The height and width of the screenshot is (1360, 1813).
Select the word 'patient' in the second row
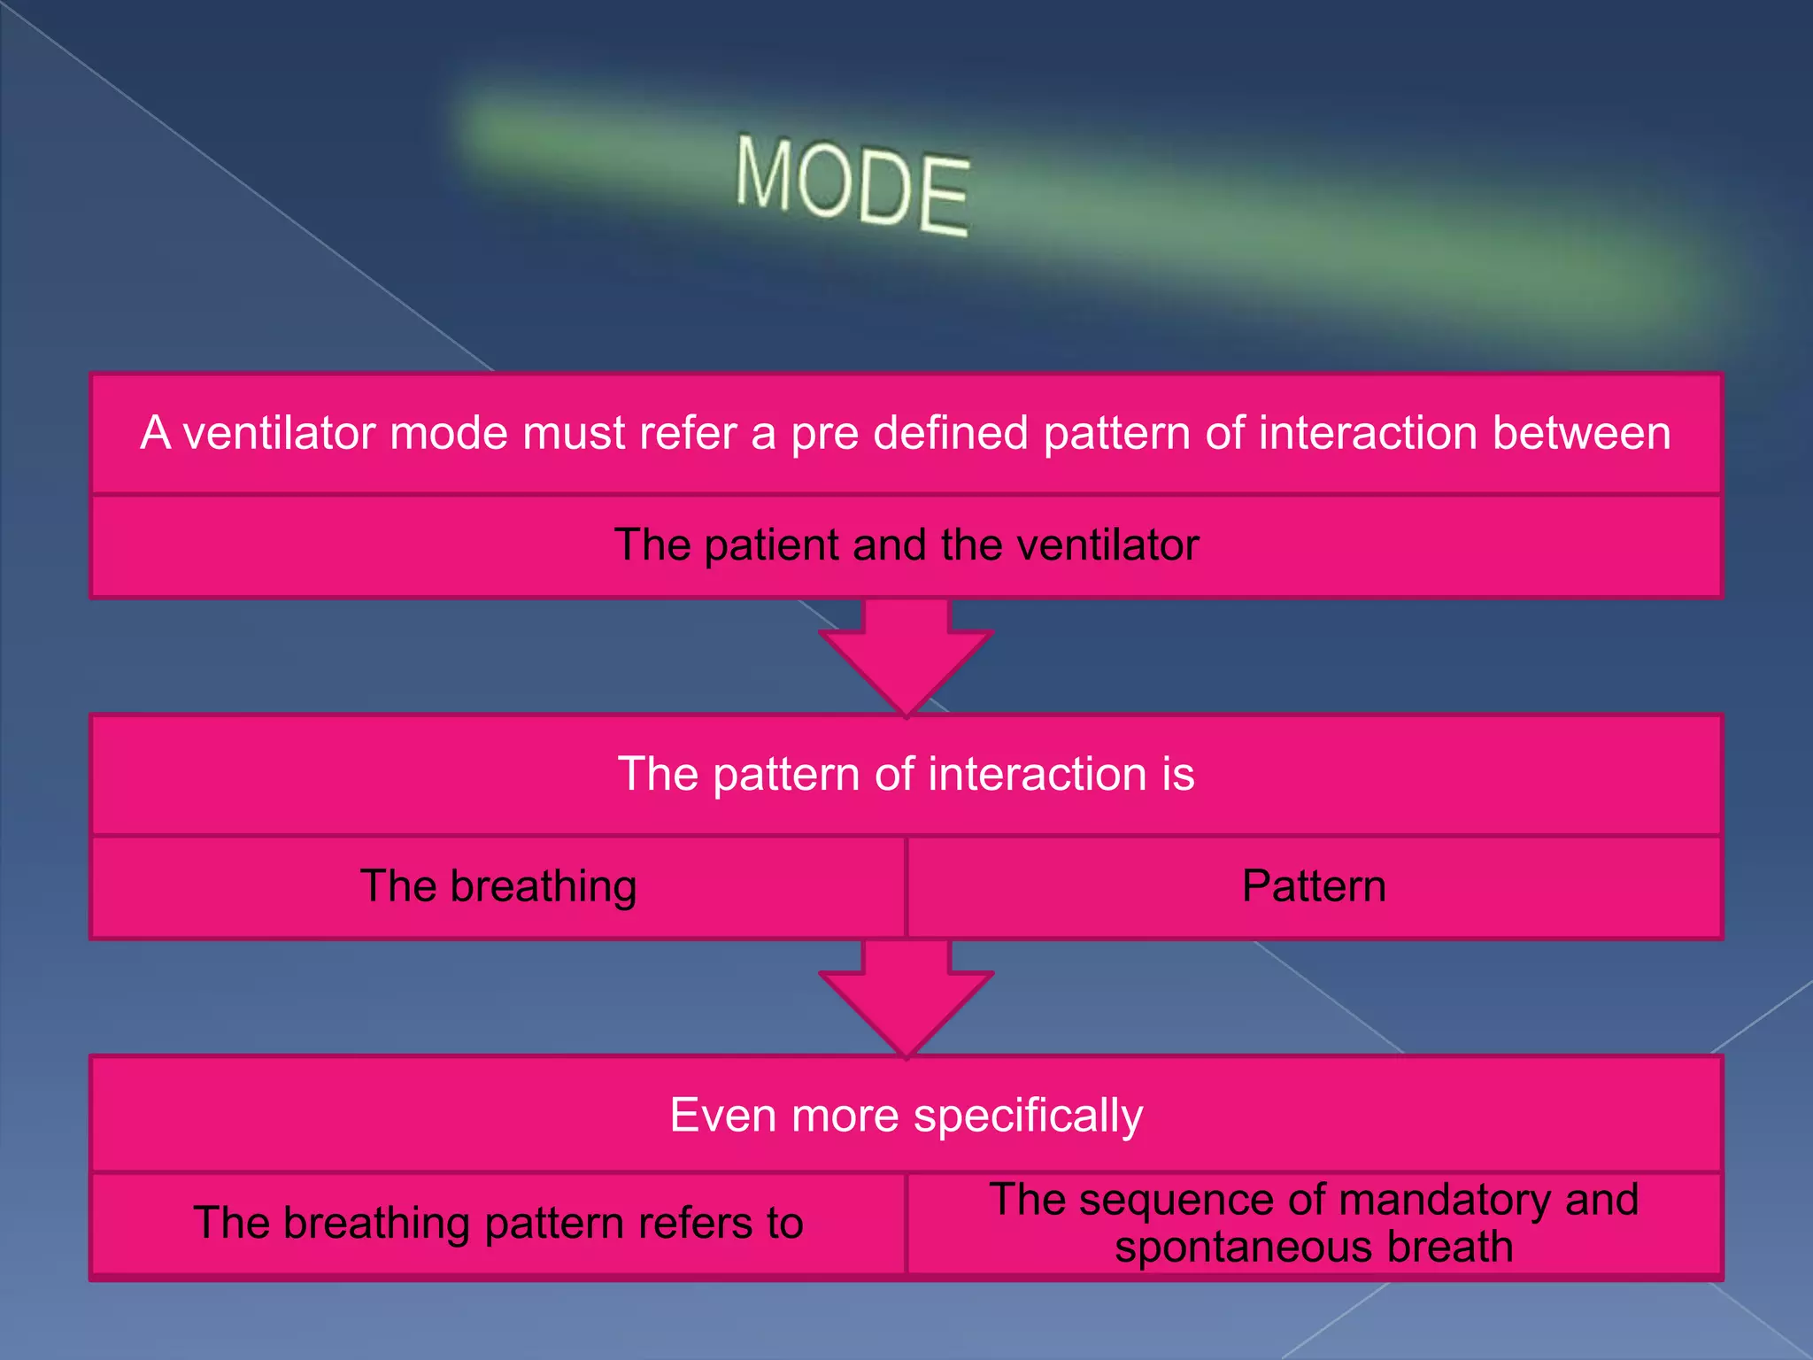coord(772,545)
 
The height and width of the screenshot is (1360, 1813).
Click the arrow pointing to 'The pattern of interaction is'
coord(906,660)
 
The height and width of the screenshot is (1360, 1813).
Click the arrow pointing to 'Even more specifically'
coord(906,1001)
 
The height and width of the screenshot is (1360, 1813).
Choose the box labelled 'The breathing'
coord(498,886)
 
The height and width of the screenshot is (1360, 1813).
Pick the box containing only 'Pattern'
coord(1314,886)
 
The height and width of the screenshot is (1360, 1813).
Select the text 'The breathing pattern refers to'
coord(498,1224)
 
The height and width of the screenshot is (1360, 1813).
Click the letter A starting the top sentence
coord(155,434)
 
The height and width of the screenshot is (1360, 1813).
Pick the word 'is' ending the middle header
coord(1177,775)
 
